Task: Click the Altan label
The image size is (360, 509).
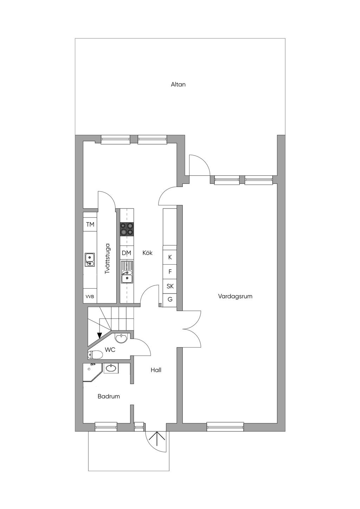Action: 178,84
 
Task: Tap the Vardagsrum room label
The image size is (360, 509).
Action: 235,296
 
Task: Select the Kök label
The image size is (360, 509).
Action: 148,252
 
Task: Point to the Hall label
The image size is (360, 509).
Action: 156,370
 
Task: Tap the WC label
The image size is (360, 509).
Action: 110,349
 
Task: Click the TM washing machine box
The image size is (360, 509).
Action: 90,224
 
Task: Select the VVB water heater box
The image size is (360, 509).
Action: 90,296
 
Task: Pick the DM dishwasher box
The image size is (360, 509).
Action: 127,253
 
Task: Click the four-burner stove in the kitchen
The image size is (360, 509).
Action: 127,229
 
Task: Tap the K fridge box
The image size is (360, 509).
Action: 170,257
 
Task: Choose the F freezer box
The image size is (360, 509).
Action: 170,271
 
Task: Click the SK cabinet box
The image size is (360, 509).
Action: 170,286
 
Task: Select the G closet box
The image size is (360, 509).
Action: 170,300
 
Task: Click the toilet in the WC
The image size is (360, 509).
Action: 95,354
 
